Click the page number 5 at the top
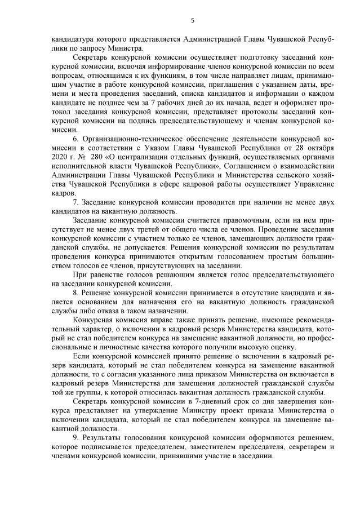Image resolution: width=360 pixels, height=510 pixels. [x=192, y=21]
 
